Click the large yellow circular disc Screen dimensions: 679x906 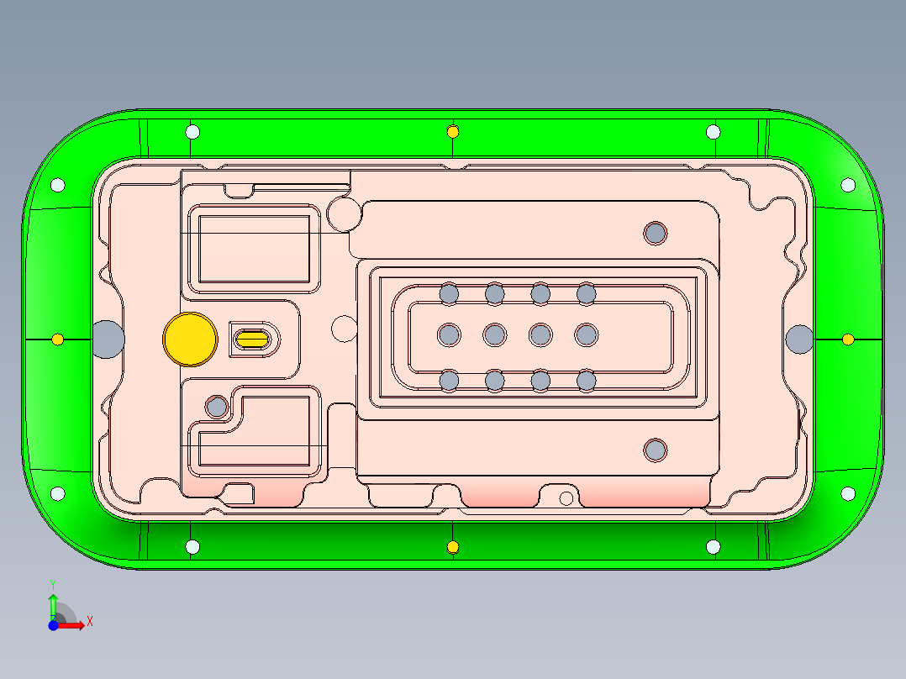(190, 339)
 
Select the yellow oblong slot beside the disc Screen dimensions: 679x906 (252, 339)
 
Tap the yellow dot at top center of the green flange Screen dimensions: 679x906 (453, 131)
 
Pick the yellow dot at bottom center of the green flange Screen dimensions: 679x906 (453, 547)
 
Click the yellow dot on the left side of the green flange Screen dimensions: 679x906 (57, 339)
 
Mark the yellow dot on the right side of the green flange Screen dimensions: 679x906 (848, 339)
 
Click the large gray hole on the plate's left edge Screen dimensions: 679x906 (108, 338)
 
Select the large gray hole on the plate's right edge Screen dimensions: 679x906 (799, 338)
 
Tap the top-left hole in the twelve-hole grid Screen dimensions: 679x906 (449, 293)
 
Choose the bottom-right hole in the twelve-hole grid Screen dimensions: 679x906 (586, 381)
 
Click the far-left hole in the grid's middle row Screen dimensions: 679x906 (449, 335)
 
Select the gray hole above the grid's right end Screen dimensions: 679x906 (655, 232)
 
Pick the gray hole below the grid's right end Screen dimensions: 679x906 (655, 450)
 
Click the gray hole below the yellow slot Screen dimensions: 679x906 (217, 408)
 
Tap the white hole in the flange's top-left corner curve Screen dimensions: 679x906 (58, 185)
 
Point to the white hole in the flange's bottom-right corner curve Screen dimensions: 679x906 (847, 493)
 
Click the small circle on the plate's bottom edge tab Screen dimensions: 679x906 (566, 498)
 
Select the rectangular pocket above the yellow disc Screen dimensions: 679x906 (253, 249)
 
